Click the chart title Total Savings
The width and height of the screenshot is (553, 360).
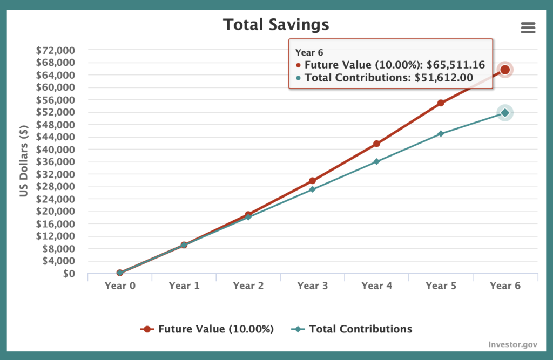[x=276, y=25]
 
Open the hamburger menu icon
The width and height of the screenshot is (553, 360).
[x=528, y=28]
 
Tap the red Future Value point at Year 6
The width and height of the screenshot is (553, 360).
[x=505, y=70]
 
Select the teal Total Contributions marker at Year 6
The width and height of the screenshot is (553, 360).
[x=505, y=113]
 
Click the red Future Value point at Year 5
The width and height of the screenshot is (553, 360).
[x=441, y=103]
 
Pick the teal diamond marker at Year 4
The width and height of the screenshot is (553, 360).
[x=376, y=161]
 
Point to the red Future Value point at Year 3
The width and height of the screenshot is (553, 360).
[x=312, y=181]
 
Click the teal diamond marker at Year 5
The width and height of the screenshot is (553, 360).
[x=441, y=133]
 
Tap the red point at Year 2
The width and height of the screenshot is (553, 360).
[x=248, y=214]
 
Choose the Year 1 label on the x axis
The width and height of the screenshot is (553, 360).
[x=184, y=286]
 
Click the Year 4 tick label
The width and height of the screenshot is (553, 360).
[x=376, y=286]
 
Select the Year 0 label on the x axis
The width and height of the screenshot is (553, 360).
[x=120, y=286]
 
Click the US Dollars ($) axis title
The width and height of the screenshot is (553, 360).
[x=24, y=162]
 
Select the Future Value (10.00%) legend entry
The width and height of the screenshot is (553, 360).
[x=215, y=329]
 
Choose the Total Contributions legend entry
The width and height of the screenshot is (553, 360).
[x=360, y=329]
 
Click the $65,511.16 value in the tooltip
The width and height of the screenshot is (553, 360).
[x=456, y=65]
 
